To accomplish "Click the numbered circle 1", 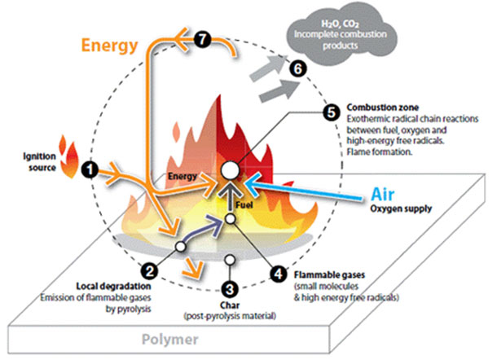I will pyautogui.click(x=90, y=169).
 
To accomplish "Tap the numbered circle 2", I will pyautogui.click(x=149, y=270).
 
